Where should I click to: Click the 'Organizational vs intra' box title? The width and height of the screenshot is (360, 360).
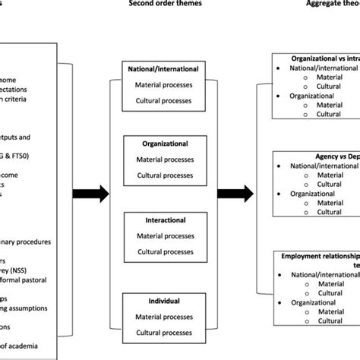click(323, 58)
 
